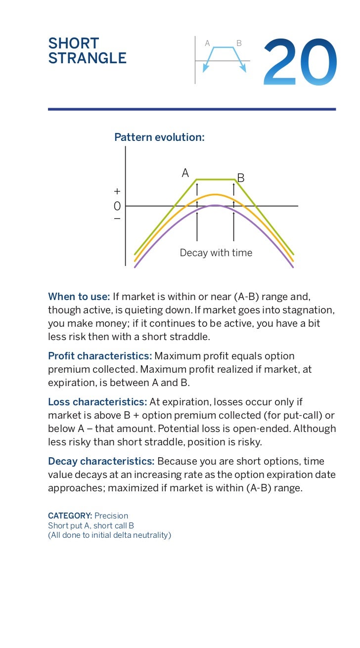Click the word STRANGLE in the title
[x=87, y=59]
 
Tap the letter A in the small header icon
[x=208, y=43]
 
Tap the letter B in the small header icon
[x=239, y=43]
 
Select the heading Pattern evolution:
[x=159, y=137]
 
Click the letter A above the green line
[x=185, y=173]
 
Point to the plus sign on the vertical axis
[x=117, y=191]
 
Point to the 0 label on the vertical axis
[x=117, y=206]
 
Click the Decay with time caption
[x=216, y=253]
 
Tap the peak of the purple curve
[x=215, y=205]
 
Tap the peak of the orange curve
[x=215, y=195]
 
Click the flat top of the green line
[x=215, y=179]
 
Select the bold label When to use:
[x=79, y=297]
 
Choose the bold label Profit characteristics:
[x=100, y=356]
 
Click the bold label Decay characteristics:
[x=101, y=461]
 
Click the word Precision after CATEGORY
[x=111, y=516]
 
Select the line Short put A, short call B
[x=91, y=525]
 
